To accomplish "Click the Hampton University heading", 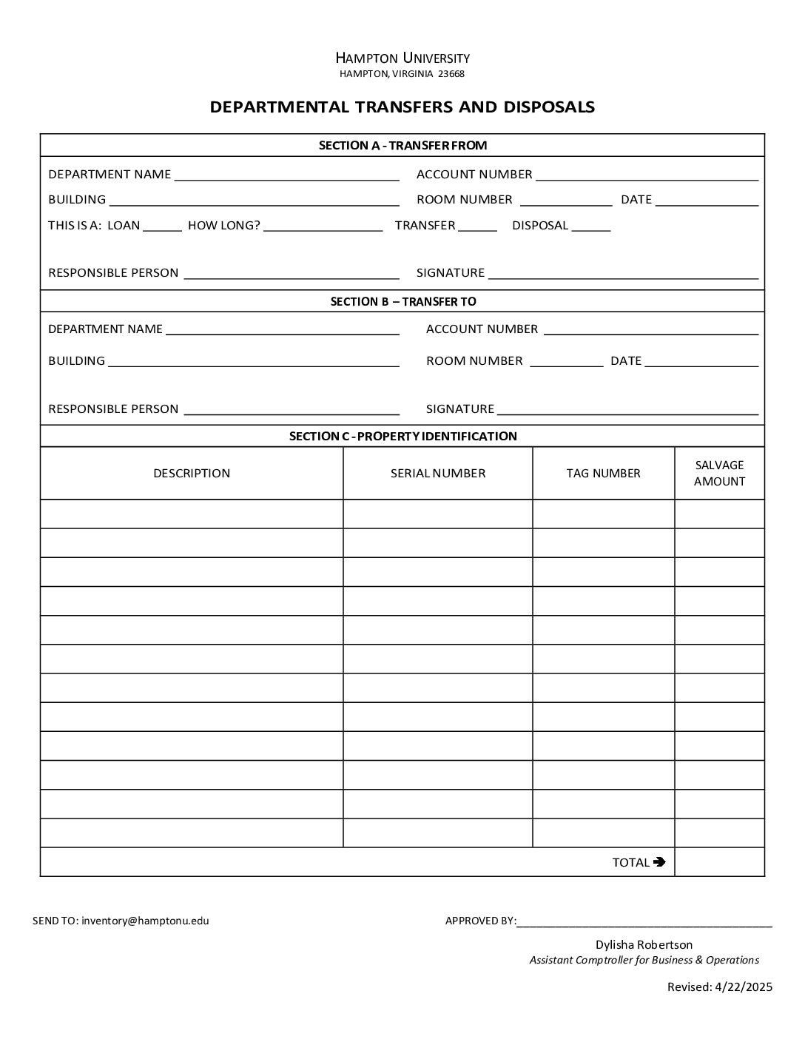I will (x=402, y=58).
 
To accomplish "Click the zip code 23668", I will (x=451, y=74).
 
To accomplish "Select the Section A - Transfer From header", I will (x=402, y=145).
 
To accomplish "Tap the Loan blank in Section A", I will (x=162, y=226).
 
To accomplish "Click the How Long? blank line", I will (x=323, y=226).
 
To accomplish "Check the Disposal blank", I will (x=591, y=226).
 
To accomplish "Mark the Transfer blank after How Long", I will (x=477, y=226).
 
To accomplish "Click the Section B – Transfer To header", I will (x=402, y=301).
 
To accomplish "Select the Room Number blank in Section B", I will (x=567, y=362).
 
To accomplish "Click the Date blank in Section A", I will (x=707, y=201).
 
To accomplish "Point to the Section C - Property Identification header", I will (x=402, y=436).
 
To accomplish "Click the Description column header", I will (x=192, y=474).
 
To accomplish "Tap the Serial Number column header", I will (x=438, y=474).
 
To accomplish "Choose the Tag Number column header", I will (x=603, y=474).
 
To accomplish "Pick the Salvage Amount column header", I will (x=719, y=474).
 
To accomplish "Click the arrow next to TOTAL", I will (x=660, y=861).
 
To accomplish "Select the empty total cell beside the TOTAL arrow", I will (x=719, y=862).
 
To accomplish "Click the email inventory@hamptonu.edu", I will (x=145, y=921).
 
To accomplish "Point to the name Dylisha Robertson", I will (x=644, y=944).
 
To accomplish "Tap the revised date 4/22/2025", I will (x=744, y=986).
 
